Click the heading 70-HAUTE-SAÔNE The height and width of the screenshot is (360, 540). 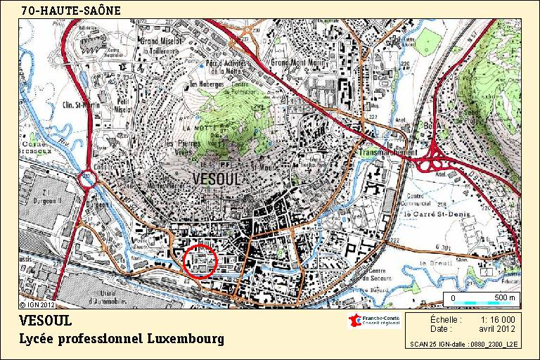tap(70, 11)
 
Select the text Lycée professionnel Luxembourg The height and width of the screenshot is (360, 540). tap(122, 339)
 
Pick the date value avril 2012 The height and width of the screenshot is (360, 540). tap(497, 328)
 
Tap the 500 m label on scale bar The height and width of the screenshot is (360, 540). tap(504, 298)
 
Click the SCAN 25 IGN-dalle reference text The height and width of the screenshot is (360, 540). tap(464, 345)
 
